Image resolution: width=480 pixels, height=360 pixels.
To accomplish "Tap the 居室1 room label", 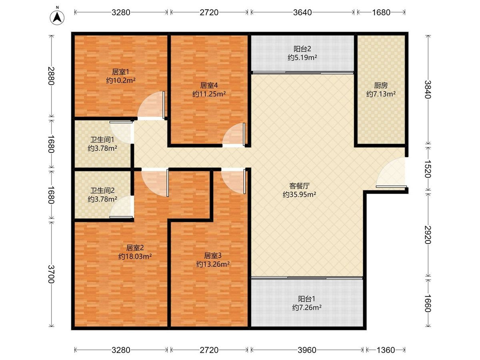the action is point(120,72).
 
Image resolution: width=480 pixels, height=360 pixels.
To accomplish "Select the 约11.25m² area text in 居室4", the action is point(209,94).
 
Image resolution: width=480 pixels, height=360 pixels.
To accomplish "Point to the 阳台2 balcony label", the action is point(302,49).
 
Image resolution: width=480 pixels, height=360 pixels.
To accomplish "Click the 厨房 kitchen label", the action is point(381,85).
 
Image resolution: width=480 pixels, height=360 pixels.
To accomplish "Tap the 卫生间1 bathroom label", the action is point(102,140).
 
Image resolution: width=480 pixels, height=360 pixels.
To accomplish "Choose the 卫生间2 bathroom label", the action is point(102,191).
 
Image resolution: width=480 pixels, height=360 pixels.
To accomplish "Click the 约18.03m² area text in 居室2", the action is point(135,256).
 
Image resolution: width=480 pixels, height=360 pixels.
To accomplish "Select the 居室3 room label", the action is point(213,255).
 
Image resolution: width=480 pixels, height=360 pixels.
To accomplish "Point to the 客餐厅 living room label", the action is point(299,186).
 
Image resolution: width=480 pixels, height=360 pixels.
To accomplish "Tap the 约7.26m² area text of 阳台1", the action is point(307,308).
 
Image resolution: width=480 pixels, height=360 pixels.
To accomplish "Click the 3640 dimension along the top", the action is point(302,12).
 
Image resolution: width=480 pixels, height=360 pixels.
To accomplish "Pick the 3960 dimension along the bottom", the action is point(307,350).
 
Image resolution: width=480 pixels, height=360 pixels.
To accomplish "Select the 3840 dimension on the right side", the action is point(428,90).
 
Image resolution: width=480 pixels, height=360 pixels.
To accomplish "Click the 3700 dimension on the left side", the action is point(51,274).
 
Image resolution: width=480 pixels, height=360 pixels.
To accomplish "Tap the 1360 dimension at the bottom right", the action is point(386,350).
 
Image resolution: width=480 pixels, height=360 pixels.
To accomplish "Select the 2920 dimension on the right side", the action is point(428,235).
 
